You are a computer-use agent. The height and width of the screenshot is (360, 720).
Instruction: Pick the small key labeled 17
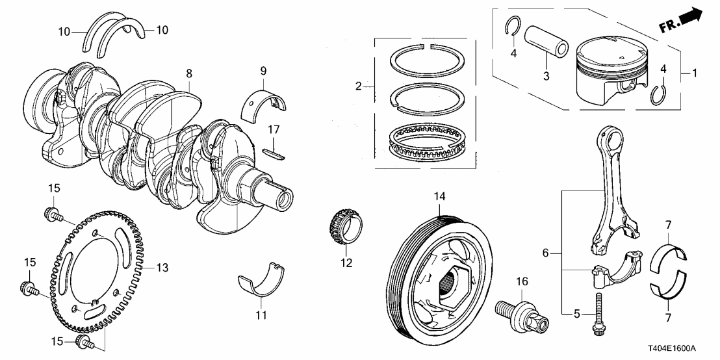point(275,153)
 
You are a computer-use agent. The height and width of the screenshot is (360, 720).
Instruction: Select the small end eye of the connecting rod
point(610,139)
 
